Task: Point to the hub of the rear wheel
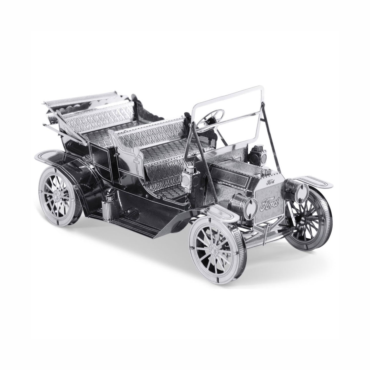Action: pos(57,195)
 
